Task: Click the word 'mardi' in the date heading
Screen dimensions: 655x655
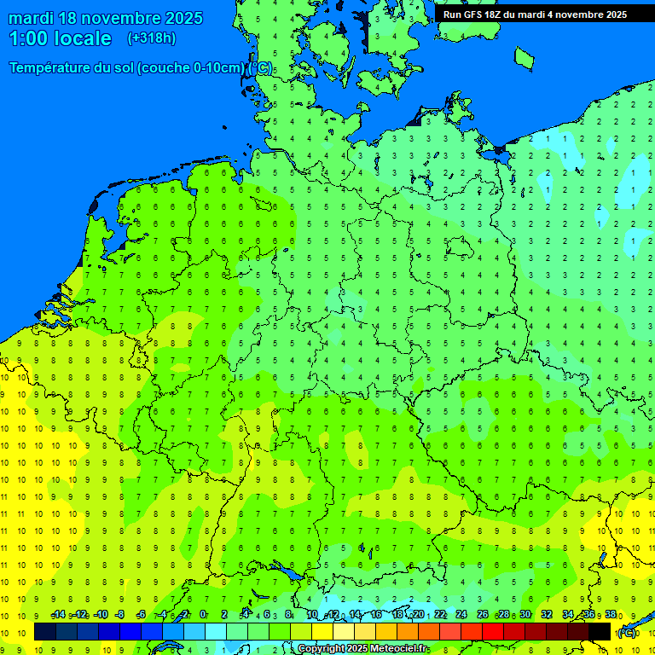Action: pos(31,18)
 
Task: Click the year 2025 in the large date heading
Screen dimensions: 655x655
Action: pos(180,18)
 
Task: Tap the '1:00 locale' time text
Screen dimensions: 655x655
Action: pos(61,38)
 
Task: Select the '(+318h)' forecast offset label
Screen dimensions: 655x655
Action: pos(151,38)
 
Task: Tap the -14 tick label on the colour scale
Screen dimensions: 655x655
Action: pos(58,615)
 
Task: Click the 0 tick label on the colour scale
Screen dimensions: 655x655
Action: pos(203,615)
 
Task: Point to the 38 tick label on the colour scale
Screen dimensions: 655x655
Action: pos(611,615)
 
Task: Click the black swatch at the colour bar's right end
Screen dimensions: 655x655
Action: pos(600,631)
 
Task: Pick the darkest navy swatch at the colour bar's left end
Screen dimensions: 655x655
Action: pos(45,631)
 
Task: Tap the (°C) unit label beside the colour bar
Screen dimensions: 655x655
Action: pos(627,632)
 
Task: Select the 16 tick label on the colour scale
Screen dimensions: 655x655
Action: pos(376,615)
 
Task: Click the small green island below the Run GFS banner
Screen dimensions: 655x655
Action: pos(524,57)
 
